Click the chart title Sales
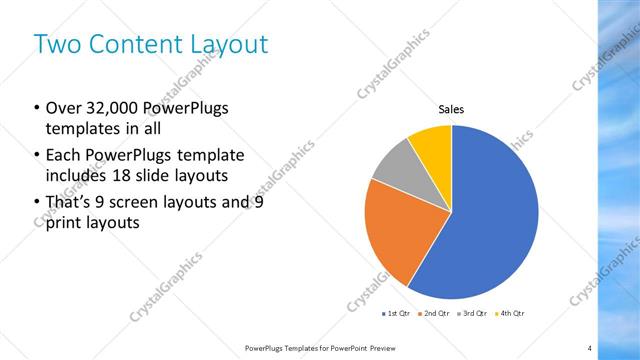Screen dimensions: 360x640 [452, 110]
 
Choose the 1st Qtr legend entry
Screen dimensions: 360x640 [396, 313]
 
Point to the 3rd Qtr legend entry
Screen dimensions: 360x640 [472, 313]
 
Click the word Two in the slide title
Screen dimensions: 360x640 [55, 44]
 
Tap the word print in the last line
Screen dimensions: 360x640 [65, 223]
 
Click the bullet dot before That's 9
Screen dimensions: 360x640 [37, 203]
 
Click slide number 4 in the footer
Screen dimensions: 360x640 [590, 347]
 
